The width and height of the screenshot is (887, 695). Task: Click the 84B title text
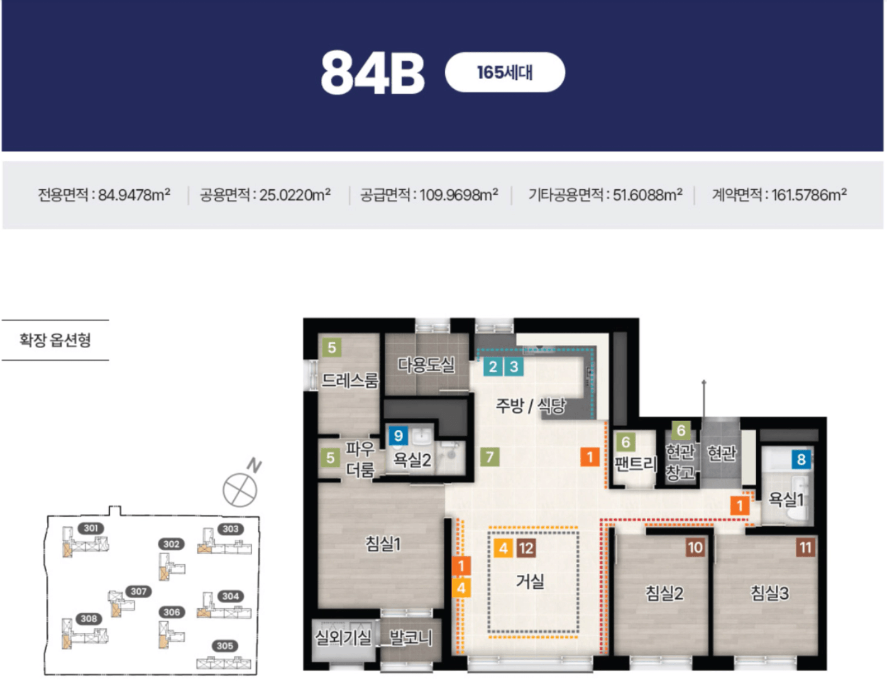point(372,74)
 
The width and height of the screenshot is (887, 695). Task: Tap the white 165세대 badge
point(505,72)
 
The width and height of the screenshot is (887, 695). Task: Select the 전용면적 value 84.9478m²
point(134,195)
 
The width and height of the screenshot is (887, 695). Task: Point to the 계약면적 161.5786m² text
point(780,195)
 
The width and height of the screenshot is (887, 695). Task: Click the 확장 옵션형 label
point(55,340)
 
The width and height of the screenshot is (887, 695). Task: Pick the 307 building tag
point(138,591)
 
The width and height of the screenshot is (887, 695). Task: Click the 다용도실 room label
point(426,364)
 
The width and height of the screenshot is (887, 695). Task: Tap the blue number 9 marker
point(399,435)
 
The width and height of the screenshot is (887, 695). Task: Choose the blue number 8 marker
point(801,459)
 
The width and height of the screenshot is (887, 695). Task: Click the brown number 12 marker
point(526,548)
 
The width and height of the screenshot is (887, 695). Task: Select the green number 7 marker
point(490,457)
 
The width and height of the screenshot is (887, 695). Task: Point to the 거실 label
point(530,581)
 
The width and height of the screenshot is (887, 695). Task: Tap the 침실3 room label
point(770,593)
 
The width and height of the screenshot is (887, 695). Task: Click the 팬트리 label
point(636,464)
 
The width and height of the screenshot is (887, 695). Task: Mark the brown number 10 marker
point(695,547)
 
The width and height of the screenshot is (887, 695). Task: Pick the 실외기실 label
point(343,637)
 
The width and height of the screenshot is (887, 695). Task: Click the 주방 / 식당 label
point(531,405)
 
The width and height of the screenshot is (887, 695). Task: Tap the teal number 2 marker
point(493,367)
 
